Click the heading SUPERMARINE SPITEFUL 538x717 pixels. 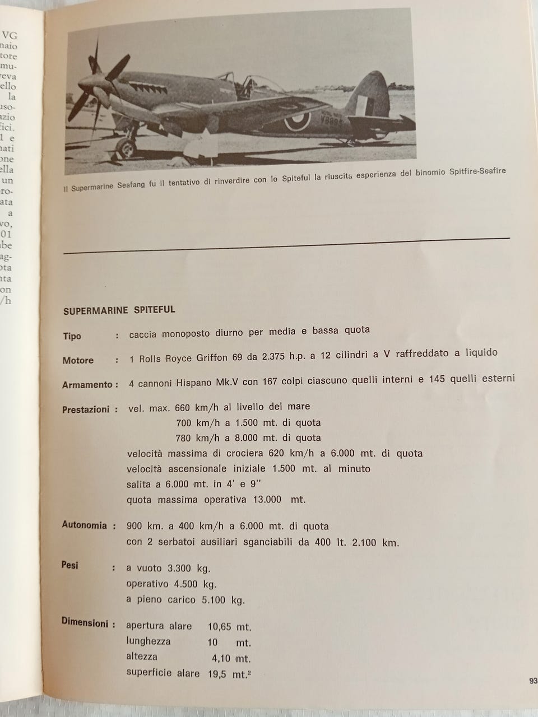coord(119,310)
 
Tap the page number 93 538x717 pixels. coord(533,681)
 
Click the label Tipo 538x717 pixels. coord(72,336)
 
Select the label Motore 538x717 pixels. coord(78,360)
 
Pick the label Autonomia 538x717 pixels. coord(84,525)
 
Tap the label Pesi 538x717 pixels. coord(70,565)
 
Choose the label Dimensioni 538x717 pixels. coord(85,622)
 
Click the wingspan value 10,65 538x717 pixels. coord(221,626)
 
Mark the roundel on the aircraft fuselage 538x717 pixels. coord(296,119)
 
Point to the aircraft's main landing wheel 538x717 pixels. coord(126,148)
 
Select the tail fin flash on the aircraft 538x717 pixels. coord(365,105)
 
